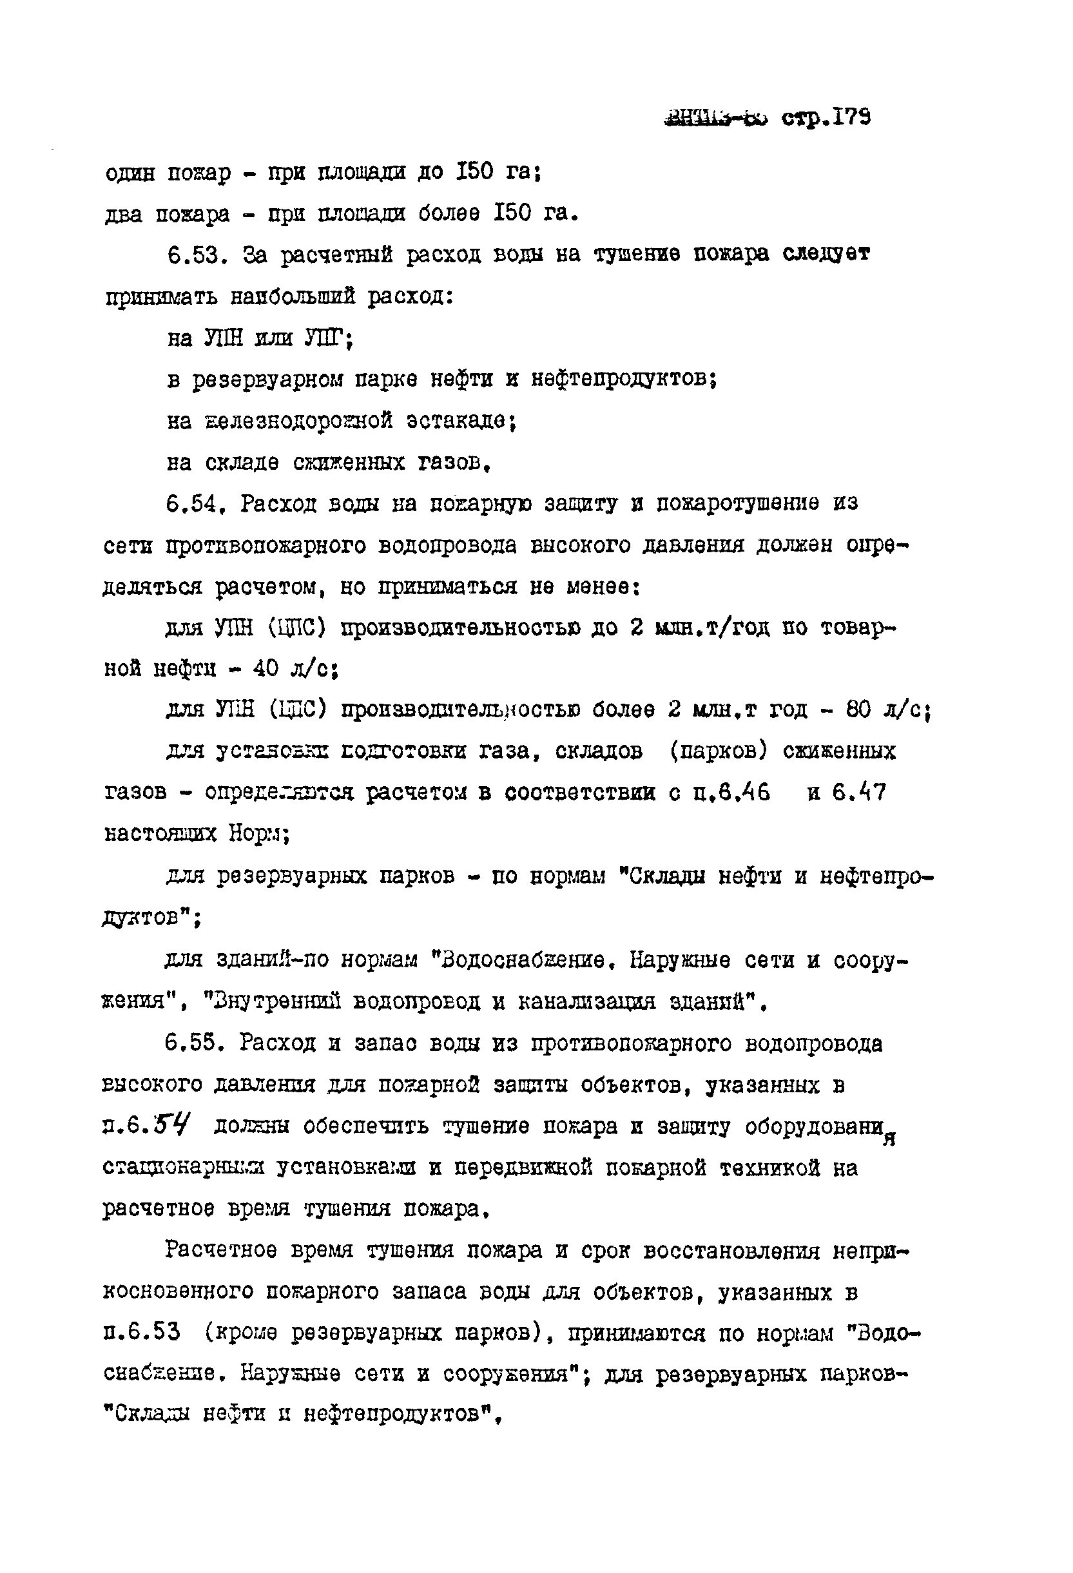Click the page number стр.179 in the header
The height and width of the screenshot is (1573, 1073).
(x=826, y=119)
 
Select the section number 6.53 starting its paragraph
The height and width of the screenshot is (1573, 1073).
(x=194, y=256)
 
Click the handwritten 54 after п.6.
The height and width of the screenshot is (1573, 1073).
(x=172, y=1126)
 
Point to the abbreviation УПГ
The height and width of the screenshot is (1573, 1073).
(x=327, y=338)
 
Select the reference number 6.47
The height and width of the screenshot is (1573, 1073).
(x=858, y=792)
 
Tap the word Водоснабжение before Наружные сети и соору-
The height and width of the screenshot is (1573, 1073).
(x=523, y=960)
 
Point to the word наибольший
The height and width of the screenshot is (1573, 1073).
(x=293, y=296)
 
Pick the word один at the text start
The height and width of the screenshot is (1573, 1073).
(x=130, y=173)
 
